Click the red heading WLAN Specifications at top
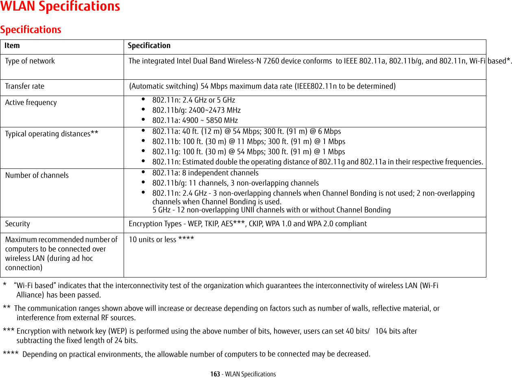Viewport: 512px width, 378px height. (60, 7)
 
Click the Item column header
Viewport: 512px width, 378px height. (12, 46)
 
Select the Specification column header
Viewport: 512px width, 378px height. (149, 46)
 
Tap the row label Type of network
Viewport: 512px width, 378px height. (30, 61)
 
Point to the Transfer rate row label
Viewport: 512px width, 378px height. (25, 86)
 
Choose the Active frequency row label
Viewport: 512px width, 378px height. (31, 103)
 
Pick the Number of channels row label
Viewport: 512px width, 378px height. (37, 175)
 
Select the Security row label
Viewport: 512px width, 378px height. (17, 224)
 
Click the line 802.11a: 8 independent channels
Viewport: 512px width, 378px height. (205, 173)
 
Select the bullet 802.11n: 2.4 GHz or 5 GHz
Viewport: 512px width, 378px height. (194, 100)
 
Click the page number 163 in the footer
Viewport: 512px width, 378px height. (216, 374)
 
